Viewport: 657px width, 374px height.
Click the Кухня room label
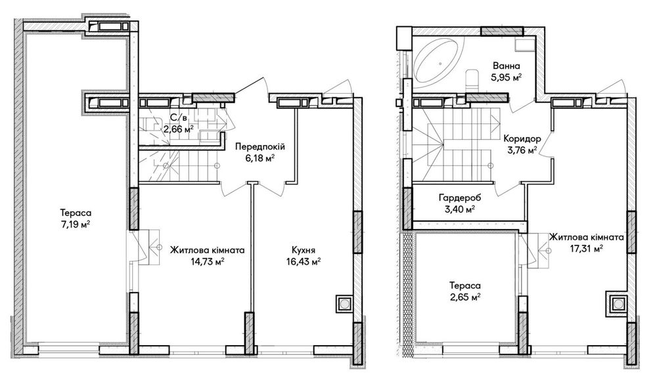[x=304, y=251]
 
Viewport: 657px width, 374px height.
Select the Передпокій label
[x=260, y=147]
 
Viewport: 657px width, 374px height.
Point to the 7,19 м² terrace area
[x=76, y=224]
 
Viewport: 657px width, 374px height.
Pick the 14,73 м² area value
[x=208, y=262]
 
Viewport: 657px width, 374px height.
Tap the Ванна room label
[x=506, y=66]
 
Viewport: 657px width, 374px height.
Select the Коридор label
[x=522, y=139]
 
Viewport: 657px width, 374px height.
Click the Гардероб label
[x=460, y=197]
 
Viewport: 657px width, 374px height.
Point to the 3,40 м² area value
[x=460, y=209]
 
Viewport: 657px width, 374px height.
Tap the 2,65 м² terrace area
[x=464, y=297]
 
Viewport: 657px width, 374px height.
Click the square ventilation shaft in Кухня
[x=344, y=304]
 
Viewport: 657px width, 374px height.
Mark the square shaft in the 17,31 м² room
[x=618, y=303]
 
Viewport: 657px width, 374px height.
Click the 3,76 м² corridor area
[x=522, y=150]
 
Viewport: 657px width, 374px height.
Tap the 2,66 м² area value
[x=179, y=129]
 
